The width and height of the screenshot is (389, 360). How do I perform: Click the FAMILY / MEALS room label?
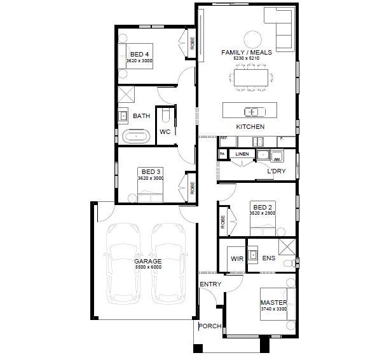[x=247, y=52]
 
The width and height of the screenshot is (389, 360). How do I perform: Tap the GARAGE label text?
[x=147, y=261]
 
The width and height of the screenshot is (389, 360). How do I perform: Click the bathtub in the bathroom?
[x=137, y=135]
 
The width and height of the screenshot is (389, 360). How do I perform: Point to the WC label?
[x=164, y=132]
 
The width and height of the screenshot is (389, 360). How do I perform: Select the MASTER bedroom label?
[x=273, y=302]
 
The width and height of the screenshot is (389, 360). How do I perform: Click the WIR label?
[x=236, y=259]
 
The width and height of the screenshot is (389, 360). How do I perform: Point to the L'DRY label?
[x=275, y=171]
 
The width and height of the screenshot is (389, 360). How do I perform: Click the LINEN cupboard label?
[x=242, y=154]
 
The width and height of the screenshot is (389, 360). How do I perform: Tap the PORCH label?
[x=209, y=326]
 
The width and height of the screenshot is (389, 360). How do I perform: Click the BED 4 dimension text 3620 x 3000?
[x=140, y=61]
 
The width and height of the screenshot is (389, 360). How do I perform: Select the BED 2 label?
[x=263, y=208]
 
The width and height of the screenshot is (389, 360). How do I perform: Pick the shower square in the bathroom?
[x=125, y=95]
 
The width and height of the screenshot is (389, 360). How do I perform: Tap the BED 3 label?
[x=151, y=172]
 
